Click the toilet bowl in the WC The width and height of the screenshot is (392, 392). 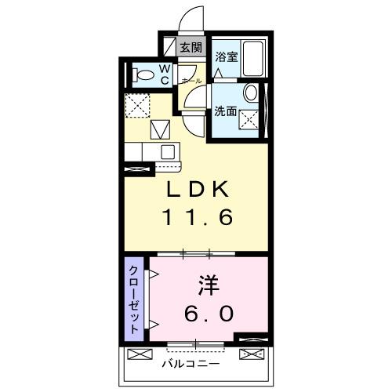[143, 76]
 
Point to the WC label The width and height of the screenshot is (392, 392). [165, 74]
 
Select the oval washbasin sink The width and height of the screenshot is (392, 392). [250, 93]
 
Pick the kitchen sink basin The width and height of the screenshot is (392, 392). [166, 151]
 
